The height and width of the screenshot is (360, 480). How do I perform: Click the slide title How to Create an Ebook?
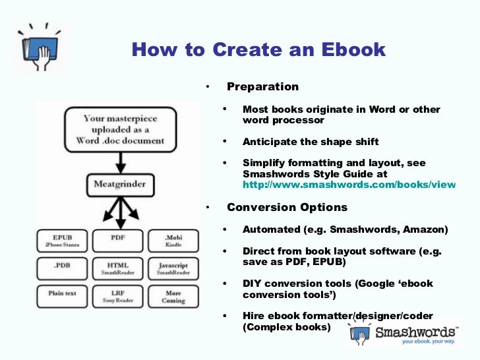(258, 50)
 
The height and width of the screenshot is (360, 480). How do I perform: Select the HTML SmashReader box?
(119, 267)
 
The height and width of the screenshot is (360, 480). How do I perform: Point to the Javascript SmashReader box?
(173, 267)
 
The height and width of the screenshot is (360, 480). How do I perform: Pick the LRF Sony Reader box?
(119, 294)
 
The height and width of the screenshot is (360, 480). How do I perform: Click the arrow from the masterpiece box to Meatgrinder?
(119, 160)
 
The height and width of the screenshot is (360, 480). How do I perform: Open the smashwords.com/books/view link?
(349, 185)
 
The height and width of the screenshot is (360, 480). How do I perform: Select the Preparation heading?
(262, 86)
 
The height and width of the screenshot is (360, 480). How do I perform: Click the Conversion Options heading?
(287, 207)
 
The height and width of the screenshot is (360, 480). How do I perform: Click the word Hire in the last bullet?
(254, 316)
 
